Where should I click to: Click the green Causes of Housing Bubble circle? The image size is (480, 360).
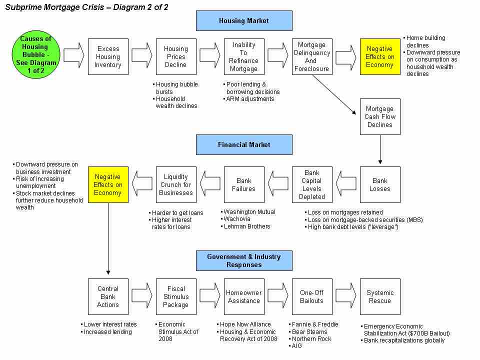tap(35, 55)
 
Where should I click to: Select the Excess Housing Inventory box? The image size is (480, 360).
tap(108, 56)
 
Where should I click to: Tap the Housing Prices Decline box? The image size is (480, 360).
tap(176, 56)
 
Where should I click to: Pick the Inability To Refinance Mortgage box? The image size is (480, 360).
tap(244, 56)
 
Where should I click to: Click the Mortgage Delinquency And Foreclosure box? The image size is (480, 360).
tap(312, 56)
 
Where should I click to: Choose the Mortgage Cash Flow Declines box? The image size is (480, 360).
tap(380, 116)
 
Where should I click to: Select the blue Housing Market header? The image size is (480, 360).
tap(244, 21)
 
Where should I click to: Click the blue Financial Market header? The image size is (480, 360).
tap(244, 144)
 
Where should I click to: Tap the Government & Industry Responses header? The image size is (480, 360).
tap(244, 260)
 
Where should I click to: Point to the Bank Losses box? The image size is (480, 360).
tap(380, 184)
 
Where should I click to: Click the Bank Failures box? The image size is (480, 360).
tap(244, 184)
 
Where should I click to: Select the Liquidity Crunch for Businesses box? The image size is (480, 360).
tap(176, 184)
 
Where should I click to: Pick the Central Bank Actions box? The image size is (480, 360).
tap(108, 296)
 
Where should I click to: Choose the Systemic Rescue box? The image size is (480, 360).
tap(380, 296)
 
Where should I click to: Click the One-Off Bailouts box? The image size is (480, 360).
tap(312, 296)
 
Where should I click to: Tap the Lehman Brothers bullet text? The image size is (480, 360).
tap(247, 226)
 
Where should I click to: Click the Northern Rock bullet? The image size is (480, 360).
tap(310, 338)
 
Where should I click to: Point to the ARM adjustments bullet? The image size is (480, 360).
tap(250, 99)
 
